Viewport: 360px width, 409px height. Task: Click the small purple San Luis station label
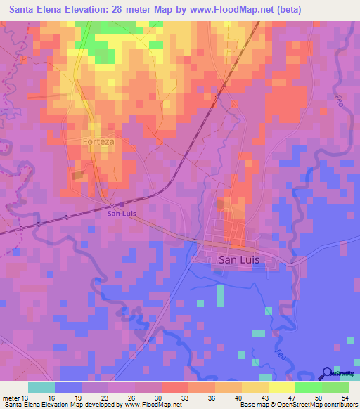(121, 214)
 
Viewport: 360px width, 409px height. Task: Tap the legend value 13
(27, 396)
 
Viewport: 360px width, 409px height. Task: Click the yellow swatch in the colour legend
(282, 387)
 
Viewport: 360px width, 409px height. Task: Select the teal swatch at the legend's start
(41, 387)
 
